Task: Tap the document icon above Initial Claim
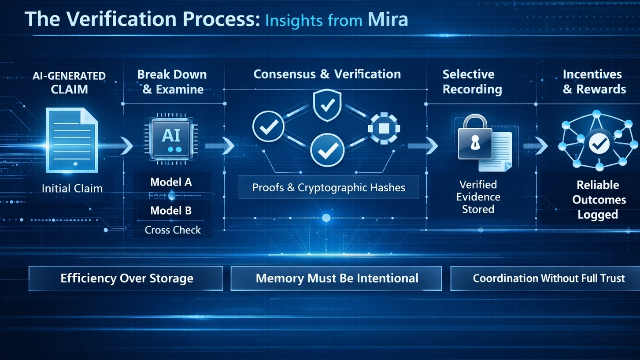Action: tap(72, 140)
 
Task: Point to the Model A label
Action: tap(171, 182)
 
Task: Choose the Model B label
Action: tap(171, 211)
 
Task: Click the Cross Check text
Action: tap(173, 230)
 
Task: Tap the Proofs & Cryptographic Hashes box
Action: tap(329, 187)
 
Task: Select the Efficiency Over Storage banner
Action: tap(126, 278)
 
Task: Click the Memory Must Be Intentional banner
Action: tap(337, 278)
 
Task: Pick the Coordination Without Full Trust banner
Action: tap(548, 278)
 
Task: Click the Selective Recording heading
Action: tap(472, 82)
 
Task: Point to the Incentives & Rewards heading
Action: tap(594, 82)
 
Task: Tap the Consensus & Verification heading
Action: tap(327, 74)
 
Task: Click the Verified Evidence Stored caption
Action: tap(478, 197)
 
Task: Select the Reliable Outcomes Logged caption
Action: tap(598, 200)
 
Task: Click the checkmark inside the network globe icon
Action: tap(599, 143)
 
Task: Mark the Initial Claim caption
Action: tap(72, 189)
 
